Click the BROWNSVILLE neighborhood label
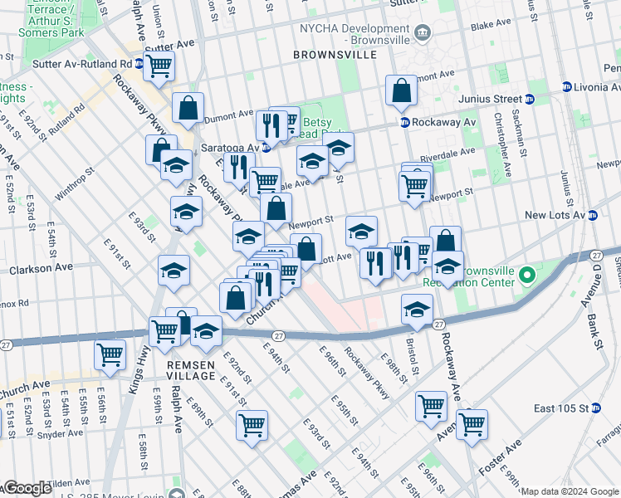pos(335,54)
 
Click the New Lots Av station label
pos(555,215)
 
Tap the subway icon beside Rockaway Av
pos(404,122)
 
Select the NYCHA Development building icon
pos(423,32)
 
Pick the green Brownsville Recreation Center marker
pos(526,274)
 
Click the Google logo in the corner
pos(27,488)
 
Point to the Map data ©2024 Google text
pos(570,491)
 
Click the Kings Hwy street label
pos(132,369)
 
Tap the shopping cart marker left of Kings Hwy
pos(110,354)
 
